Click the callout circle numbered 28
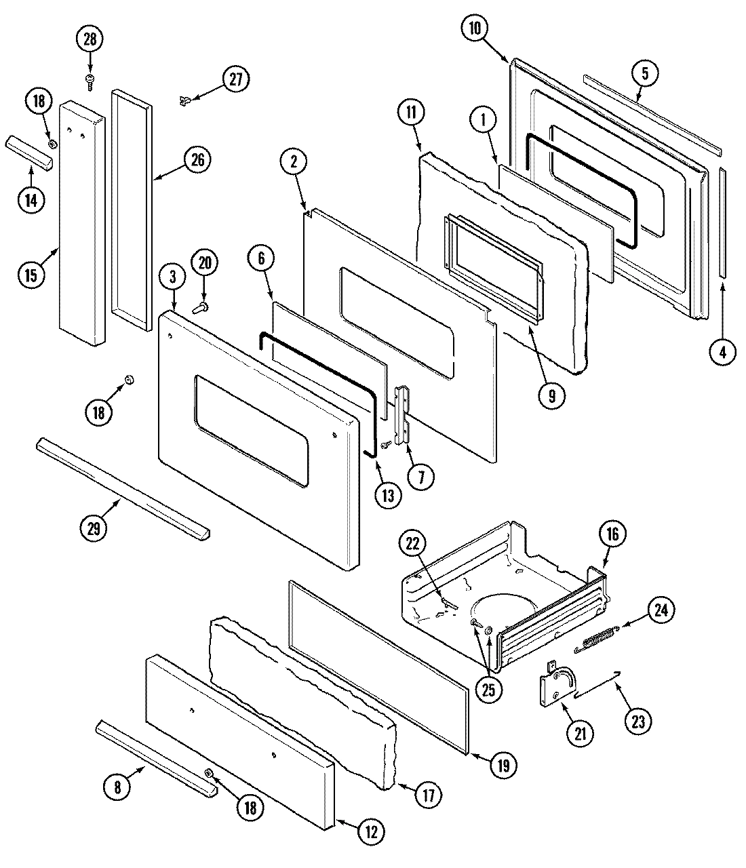[x=90, y=40]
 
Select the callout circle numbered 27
[x=235, y=79]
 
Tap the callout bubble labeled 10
[x=474, y=28]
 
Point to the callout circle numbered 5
[x=645, y=73]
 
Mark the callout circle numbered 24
[x=662, y=610]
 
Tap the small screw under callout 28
[x=90, y=81]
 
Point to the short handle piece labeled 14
[x=30, y=153]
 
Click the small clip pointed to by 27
[x=184, y=101]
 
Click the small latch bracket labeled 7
[x=405, y=414]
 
